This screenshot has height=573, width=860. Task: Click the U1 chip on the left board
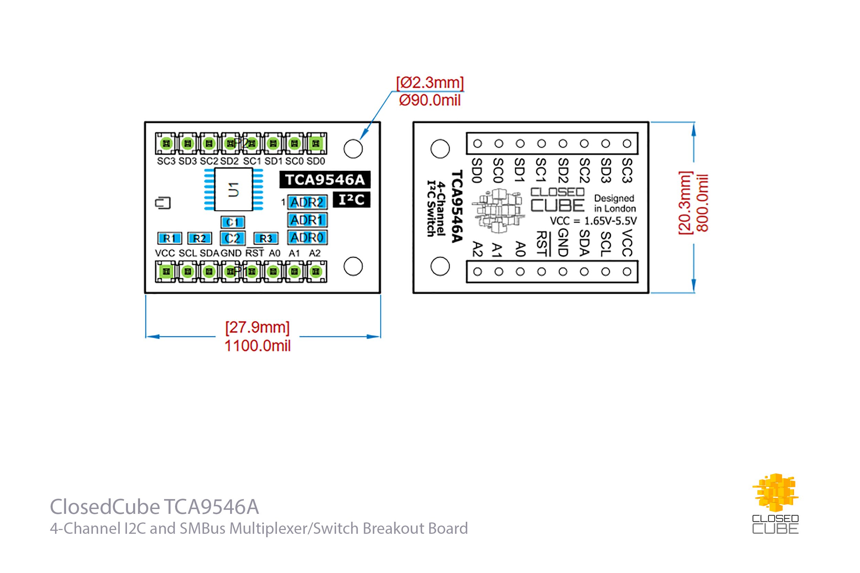[233, 190]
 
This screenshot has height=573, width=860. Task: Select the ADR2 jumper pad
[307, 202]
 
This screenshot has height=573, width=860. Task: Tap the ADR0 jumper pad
[307, 238]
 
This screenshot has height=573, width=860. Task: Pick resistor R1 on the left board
[170, 238]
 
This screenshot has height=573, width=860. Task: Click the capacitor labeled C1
[233, 222]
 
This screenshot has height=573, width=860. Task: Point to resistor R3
[266, 238]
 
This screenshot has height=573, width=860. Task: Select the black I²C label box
[351, 199]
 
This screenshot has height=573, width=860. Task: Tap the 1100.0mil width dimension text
[257, 346]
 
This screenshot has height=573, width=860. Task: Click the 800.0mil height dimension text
[702, 203]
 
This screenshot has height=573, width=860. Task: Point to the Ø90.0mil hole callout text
[429, 100]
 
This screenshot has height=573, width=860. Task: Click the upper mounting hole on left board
[353, 149]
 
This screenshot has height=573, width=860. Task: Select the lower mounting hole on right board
[440, 266]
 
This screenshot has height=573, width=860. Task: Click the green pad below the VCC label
[166, 271]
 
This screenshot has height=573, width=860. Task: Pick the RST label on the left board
[254, 253]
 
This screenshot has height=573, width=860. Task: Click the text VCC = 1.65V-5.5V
[593, 221]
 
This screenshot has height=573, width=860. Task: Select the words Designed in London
[614, 203]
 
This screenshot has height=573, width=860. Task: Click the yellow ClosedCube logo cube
[775, 492]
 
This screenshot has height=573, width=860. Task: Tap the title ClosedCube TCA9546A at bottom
[154, 507]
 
